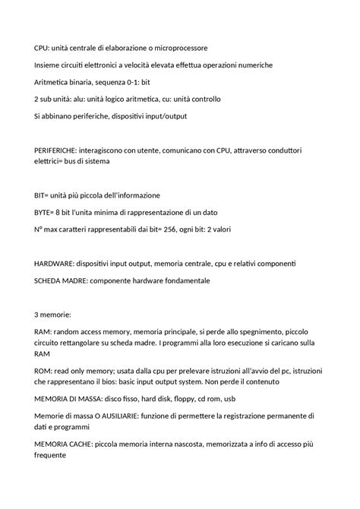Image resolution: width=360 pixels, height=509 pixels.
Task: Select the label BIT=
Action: pos(43,195)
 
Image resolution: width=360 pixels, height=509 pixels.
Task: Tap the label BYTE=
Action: pos(47,212)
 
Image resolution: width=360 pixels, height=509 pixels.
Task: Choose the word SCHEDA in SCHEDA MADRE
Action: pos(52,280)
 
